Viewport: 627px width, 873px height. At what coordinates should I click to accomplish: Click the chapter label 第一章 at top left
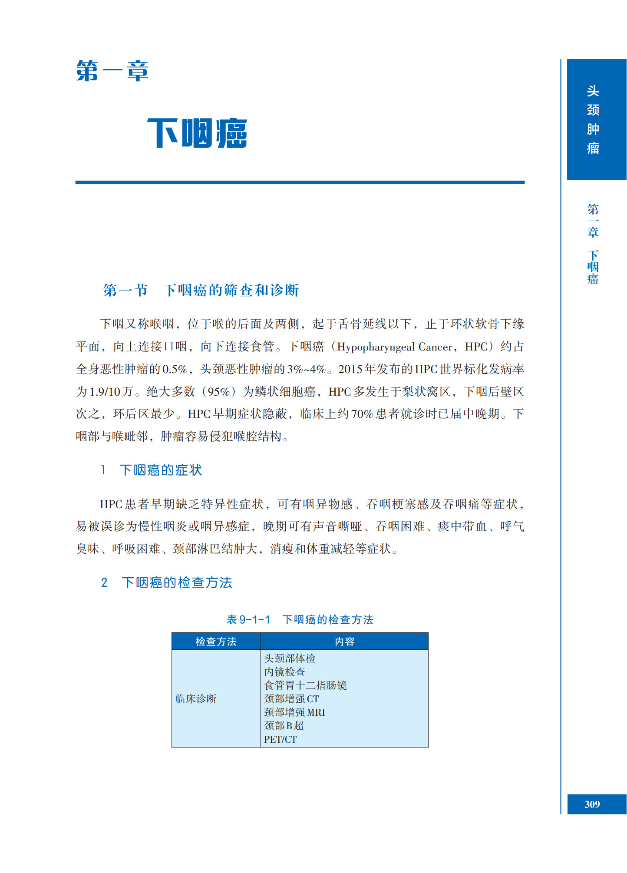[112, 71]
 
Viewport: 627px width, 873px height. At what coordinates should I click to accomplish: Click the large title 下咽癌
[197, 133]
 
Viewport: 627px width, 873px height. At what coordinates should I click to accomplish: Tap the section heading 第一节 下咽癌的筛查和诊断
[201, 290]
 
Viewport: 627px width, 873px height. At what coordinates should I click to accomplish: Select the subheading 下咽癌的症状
[160, 470]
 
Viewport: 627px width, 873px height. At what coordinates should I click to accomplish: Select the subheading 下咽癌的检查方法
[177, 582]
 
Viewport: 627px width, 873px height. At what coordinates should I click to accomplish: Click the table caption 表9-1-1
[248, 620]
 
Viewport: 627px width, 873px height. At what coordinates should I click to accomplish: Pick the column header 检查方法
[216, 642]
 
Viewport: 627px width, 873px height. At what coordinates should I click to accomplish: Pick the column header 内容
[344, 642]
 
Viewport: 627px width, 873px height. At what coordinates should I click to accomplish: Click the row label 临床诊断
[196, 699]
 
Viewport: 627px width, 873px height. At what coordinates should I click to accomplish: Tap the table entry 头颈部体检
[290, 658]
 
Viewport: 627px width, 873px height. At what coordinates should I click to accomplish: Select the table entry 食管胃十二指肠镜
[305, 685]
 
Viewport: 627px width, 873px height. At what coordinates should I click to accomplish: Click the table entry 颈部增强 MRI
[294, 712]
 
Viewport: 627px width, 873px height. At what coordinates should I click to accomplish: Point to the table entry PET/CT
[280, 739]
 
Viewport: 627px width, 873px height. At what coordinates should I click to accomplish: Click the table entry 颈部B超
[284, 726]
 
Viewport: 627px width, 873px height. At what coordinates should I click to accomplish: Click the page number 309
[592, 804]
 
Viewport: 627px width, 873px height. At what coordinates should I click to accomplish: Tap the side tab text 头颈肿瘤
[593, 119]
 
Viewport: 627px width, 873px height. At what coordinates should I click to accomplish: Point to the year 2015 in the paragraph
[350, 370]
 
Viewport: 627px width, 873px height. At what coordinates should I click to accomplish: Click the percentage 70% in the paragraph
[362, 414]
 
